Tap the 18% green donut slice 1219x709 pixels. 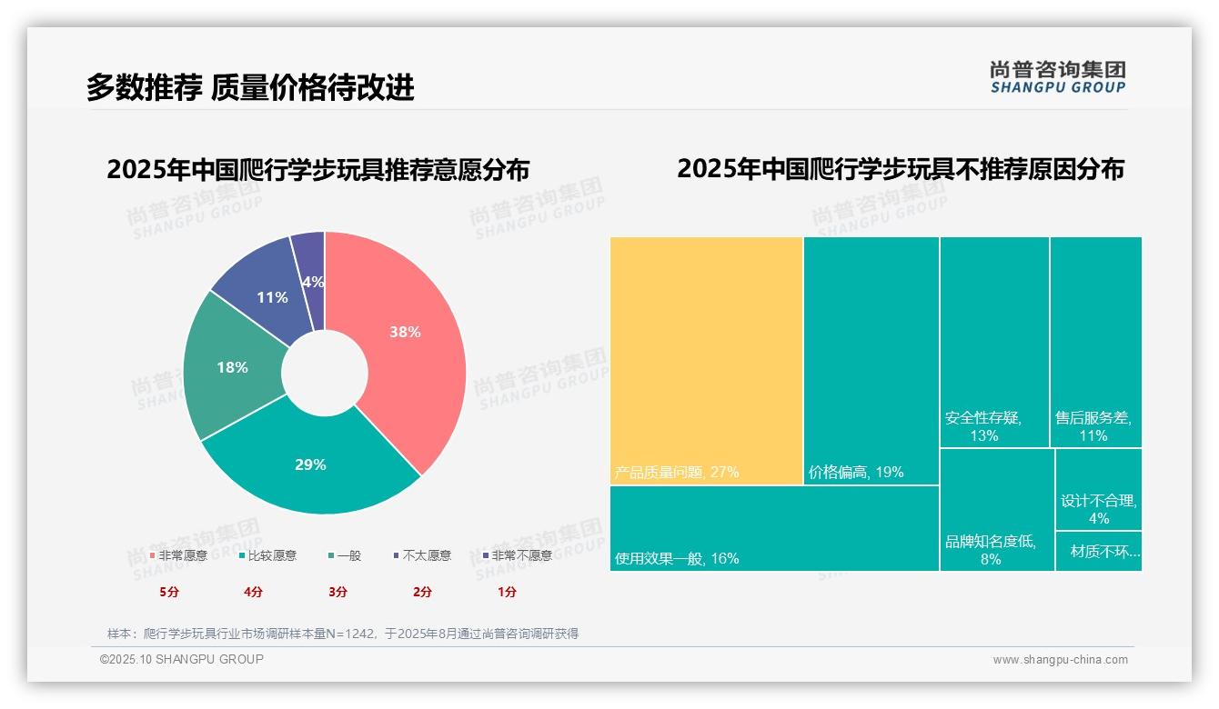coord(233,367)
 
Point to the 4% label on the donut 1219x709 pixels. coord(313,282)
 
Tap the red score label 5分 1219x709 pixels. coord(169,592)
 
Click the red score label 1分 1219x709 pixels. coord(507,592)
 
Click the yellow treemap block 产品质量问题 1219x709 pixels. coord(706,360)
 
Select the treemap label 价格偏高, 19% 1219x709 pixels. coord(855,473)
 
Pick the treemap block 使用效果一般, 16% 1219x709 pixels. coord(773,529)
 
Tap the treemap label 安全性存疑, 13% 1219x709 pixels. coord(983,426)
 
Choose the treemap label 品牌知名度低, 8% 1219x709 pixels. coord(991,550)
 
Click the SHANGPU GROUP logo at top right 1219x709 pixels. coord(1057,77)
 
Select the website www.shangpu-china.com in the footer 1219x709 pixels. coord(1060,660)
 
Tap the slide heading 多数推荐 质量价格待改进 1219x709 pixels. coord(250,87)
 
